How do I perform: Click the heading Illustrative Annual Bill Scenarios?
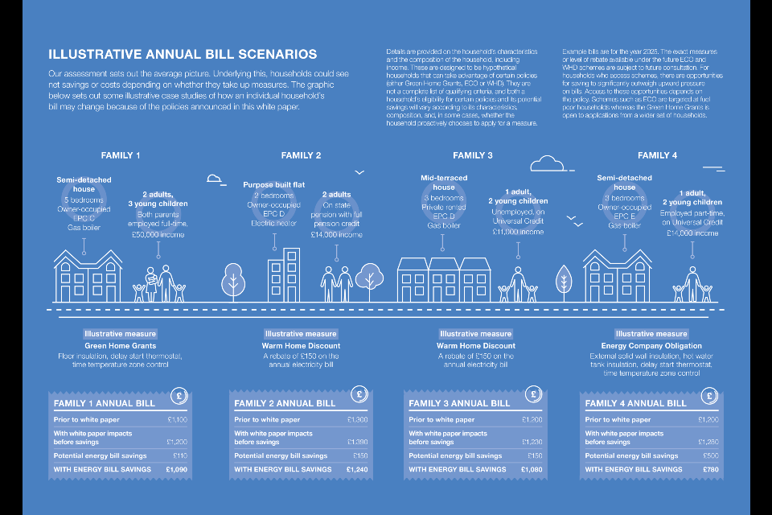183,55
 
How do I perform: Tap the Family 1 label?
121,155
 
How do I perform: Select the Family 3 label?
473,155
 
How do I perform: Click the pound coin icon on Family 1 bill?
181,396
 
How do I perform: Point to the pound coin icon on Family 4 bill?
710,396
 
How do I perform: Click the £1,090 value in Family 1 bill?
175,469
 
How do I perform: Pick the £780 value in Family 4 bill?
708,469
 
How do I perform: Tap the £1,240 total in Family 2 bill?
356,469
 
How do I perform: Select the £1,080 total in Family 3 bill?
532,469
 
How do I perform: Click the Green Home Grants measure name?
120,346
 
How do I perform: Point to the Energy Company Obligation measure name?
651,346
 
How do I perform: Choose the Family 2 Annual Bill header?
285,403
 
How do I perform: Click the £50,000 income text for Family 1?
158,234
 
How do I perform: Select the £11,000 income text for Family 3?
518,231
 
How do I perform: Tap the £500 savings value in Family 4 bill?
710,455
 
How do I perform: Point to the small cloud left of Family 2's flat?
214,179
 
